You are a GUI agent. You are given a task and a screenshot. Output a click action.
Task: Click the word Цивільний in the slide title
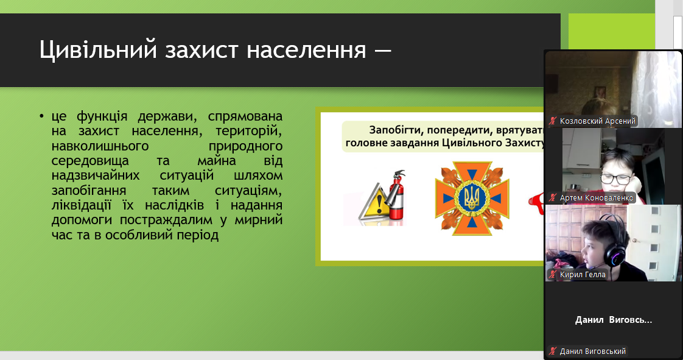98,50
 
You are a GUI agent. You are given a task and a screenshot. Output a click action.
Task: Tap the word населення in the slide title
306,50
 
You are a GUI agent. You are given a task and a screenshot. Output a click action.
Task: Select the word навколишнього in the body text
100,146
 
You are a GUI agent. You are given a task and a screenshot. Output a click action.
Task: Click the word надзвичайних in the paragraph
96,175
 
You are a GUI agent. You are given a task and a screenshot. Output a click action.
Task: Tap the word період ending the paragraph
198,235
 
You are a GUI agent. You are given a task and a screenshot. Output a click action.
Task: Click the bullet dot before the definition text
42,116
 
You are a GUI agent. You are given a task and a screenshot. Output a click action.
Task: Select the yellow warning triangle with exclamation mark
373,203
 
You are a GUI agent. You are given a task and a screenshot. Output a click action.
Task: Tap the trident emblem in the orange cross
472,199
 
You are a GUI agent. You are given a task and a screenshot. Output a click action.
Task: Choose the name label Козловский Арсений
597,121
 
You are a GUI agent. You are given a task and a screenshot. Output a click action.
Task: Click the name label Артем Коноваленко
597,198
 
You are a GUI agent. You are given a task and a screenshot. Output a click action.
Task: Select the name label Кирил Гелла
583,275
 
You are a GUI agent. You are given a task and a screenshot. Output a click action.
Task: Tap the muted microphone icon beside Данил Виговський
553,351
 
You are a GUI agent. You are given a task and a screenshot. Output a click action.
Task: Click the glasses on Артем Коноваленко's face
616,178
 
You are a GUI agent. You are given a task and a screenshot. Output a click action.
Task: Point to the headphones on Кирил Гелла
614,245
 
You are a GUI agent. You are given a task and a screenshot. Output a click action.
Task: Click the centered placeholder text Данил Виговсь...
614,320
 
